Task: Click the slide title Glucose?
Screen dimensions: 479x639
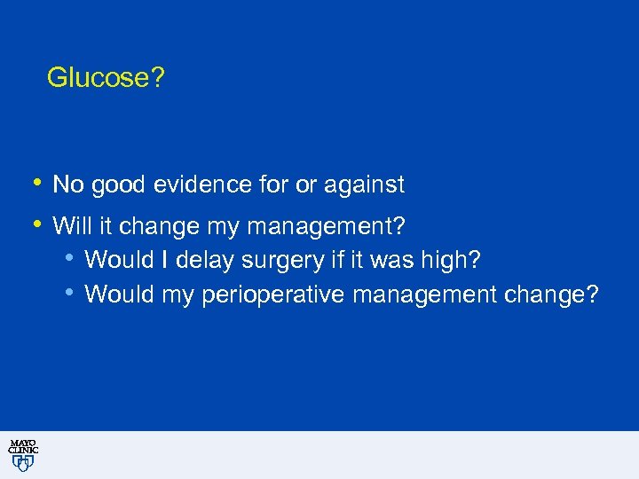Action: (x=106, y=79)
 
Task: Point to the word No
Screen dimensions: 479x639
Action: (x=67, y=185)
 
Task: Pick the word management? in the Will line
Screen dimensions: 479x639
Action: (x=327, y=228)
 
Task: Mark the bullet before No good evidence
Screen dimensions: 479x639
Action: (x=35, y=184)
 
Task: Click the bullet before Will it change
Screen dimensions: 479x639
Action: (x=35, y=225)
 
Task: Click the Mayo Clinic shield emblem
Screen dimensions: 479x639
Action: (x=23, y=463)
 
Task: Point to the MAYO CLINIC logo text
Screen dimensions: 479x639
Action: (x=23, y=447)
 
